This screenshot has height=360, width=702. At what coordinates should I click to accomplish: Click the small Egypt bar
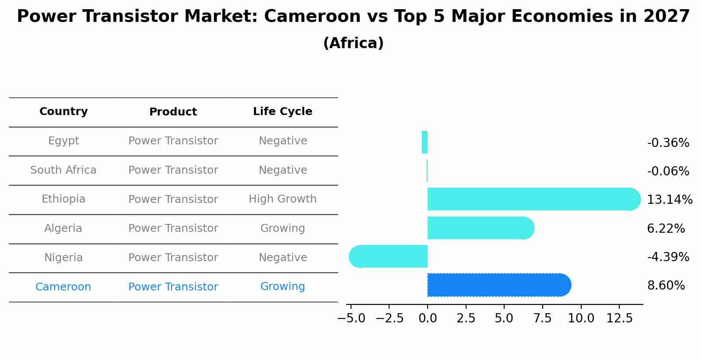click(x=425, y=142)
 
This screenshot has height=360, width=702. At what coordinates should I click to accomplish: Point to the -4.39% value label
click(x=668, y=257)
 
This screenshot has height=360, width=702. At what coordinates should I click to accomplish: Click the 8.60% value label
click(x=666, y=286)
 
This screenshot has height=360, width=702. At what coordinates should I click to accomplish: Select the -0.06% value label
click(x=668, y=171)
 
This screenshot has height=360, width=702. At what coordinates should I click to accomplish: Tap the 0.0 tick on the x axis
click(x=428, y=318)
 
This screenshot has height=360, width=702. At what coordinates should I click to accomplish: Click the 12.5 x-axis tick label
click(x=619, y=318)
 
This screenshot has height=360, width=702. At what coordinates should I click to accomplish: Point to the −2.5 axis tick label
click(x=389, y=318)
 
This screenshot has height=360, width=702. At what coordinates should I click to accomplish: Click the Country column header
click(x=63, y=112)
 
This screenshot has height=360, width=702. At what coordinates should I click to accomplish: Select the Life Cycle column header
click(x=282, y=112)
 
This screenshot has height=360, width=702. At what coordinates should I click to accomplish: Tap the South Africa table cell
click(x=63, y=170)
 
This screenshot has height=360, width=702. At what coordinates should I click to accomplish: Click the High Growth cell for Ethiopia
click(x=282, y=199)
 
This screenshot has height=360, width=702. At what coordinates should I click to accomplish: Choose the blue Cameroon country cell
click(x=63, y=287)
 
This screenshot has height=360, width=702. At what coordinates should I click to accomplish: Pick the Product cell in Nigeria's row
click(x=173, y=258)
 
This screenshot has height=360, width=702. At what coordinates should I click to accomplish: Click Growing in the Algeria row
click(x=282, y=228)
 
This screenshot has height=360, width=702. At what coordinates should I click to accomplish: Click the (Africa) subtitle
click(x=353, y=43)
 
